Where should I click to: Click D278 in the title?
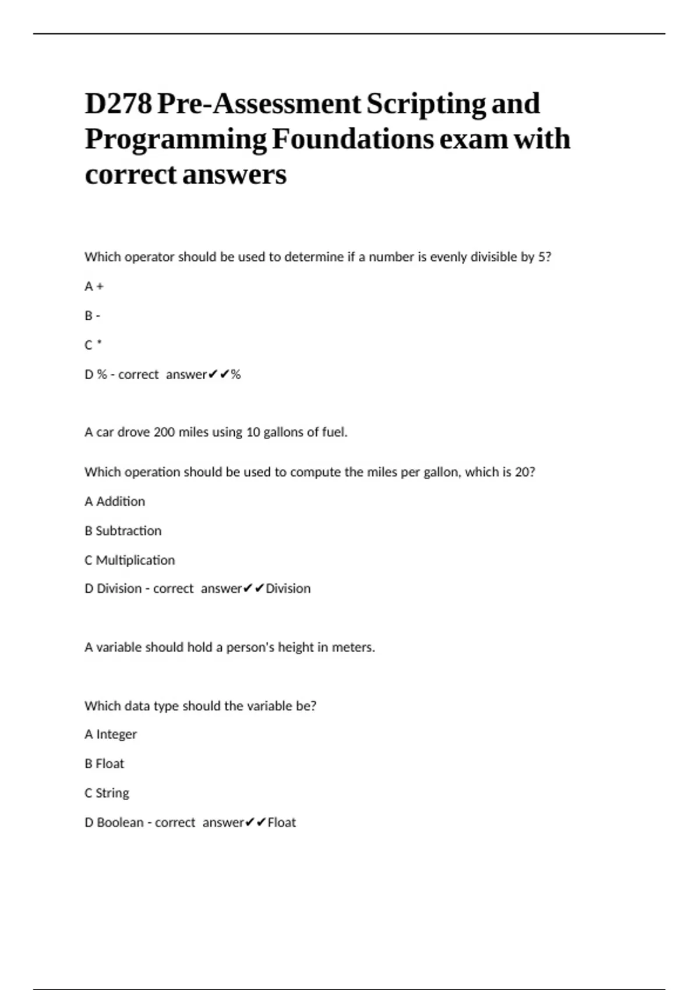tap(118, 104)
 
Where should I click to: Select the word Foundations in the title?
tap(352, 140)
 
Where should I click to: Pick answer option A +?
tap(94, 287)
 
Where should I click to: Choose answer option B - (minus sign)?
tap(92, 316)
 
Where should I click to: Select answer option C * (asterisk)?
tap(93, 345)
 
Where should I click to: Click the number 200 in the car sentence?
tap(164, 432)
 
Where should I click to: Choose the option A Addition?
tap(115, 501)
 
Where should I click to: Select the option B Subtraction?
tap(123, 531)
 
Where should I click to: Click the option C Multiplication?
tap(129, 560)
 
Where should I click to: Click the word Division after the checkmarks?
tap(288, 589)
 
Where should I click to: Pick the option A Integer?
tap(111, 734)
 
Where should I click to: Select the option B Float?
tap(104, 763)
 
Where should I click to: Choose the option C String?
tap(107, 793)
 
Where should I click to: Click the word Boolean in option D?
tap(120, 822)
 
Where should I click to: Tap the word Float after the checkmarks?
tap(281, 822)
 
